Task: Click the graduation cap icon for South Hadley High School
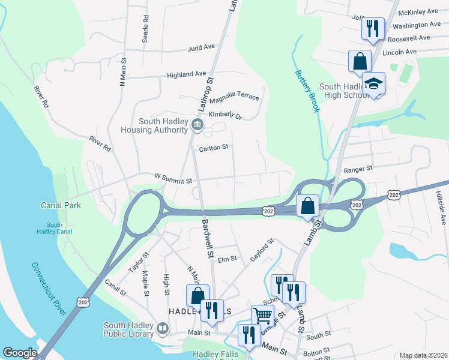tap(373, 83)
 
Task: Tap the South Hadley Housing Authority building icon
tap(197, 125)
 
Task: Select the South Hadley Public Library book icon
tap(163, 328)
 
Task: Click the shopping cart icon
tap(262, 314)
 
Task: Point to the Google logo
tap(20, 353)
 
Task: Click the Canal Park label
tap(61, 205)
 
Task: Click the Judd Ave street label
tap(200, 47)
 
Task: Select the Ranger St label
tap(358, 170)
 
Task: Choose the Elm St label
tap(228, 259)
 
